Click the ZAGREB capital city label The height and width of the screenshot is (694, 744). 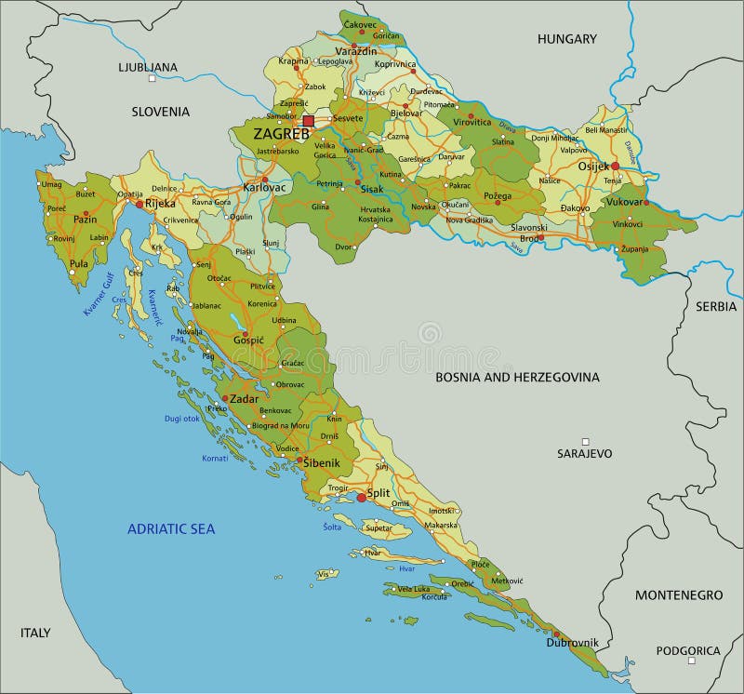281,134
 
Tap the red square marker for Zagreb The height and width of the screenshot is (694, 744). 309,121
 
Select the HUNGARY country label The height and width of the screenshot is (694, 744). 566,39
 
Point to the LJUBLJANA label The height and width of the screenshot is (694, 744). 147,67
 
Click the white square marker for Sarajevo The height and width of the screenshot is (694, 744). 585,442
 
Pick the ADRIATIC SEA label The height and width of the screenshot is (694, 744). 171,529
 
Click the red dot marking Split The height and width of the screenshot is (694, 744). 362,498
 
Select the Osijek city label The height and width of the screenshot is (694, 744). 593,166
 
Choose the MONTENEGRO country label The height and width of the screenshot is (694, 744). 678,594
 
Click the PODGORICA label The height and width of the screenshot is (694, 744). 689,651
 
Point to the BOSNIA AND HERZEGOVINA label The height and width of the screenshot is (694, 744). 518,378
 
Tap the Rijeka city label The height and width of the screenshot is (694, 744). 160,203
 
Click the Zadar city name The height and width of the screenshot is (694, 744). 245,398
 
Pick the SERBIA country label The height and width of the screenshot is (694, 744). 715,306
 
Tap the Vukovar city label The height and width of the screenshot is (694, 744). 625,202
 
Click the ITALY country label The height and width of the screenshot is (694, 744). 35,633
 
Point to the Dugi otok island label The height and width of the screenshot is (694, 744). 181,419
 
